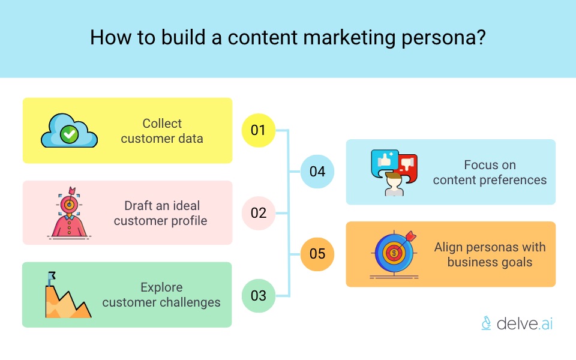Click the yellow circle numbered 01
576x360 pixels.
click(x=258, y=130)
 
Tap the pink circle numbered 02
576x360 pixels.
click(x=259, y=213)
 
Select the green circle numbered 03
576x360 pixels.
click(x=259, y=295)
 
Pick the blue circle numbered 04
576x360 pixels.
click(x=317, y=172)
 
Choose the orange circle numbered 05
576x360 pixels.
click(x=317, y=254)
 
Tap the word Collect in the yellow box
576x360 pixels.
click(x=162, y=124)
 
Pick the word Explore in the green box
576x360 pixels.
click(x=161, y=287)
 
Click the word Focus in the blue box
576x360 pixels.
click(x=481, y=164)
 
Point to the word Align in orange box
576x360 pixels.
click(x=450, y=247)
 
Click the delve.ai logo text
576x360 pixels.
click(x=524, y=323)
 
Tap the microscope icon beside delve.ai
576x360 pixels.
click(x=487, y=323)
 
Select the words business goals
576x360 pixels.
click(x=490, y=262)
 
